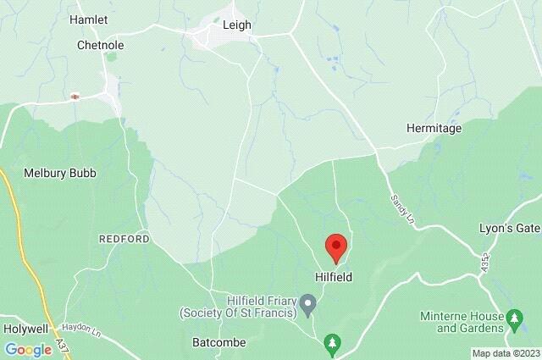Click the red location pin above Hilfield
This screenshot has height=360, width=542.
point(336,247)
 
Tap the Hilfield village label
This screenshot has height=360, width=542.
point(335,277)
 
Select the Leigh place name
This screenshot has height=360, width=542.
point(236,25)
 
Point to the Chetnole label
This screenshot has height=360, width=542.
point(101,44)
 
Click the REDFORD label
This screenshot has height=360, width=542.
point(124,240)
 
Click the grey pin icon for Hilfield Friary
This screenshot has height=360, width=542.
point(309,302)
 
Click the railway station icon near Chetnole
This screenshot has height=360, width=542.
point(75,97)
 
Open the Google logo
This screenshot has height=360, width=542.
point(28,349)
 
